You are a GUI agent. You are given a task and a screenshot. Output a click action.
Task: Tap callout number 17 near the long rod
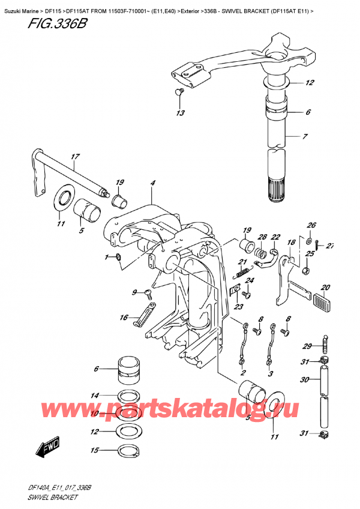tap(74, 158)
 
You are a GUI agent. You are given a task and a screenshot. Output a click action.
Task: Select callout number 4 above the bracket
tap(153, 183)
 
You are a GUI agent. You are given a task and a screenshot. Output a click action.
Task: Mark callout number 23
tap(239, 307)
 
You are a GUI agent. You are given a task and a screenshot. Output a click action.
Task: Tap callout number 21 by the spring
tap(242, 262)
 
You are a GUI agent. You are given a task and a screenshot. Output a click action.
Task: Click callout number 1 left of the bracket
tap(107, 258)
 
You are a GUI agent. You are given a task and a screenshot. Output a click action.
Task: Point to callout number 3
tap(270, 373)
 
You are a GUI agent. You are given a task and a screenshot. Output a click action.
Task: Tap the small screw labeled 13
tap(178, 92)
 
